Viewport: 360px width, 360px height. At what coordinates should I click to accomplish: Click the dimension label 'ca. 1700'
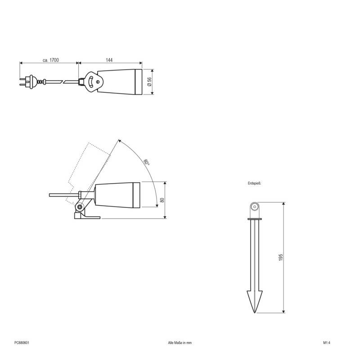coord(51,59)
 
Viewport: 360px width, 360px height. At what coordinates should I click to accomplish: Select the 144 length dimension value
coord(109,59)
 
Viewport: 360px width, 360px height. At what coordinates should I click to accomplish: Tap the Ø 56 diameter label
coord(149,82)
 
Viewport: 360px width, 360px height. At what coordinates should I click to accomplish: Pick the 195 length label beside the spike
coord(280,257)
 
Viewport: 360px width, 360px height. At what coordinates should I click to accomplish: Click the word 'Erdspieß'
coord(255,184)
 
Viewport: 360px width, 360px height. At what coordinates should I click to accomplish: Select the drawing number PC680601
coord(22,342)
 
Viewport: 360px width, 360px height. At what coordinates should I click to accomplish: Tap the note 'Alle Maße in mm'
coord(180,342)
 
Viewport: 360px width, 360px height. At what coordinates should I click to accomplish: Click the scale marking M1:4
coord(327,342)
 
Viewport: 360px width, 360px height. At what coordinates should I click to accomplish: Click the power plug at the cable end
coord(25,82)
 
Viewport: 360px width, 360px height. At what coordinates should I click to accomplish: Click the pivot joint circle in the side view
coord(80,207)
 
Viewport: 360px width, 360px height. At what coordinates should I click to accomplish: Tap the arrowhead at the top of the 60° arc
coord(120,141)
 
